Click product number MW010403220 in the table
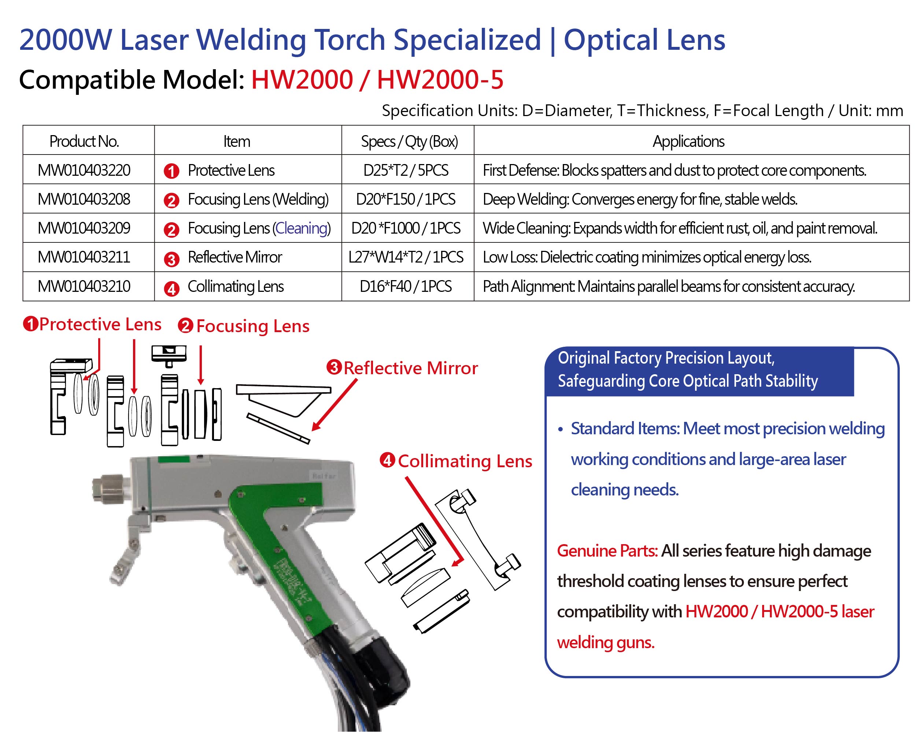coord(84,170)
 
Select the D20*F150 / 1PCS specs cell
coord(406,199)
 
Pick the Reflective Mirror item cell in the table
coord(234,257)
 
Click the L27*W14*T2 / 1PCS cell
coord(406,257)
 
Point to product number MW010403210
coord(84,287)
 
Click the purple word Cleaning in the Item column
coord(301,228)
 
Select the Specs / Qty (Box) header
coord(410,141)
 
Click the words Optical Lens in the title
coord(644,40)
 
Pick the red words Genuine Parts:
coord(607,551)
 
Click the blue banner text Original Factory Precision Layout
coord(666,358)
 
